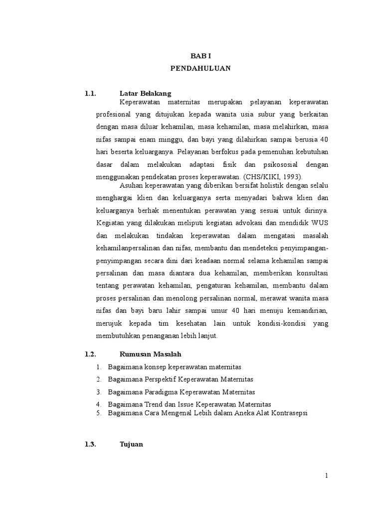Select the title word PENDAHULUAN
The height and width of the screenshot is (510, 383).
tap(200, 69)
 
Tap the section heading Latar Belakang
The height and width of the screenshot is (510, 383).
tap(145, 93)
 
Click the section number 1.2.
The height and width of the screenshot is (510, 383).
tap(90, 354)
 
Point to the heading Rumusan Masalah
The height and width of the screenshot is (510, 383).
tap(150, 354)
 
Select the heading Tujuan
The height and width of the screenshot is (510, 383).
tap(131, 445)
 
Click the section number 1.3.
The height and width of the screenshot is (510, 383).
tap(90, 445)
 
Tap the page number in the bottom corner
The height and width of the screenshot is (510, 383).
tap(327, 476)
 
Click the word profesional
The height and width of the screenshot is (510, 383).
tap(114, 114)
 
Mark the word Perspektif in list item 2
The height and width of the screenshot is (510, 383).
tap(163, 380)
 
